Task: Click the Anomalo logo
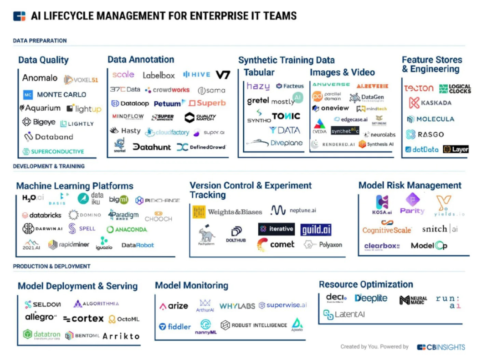coord(40,78)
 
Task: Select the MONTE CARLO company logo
coord(55,95)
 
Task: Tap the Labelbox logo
coord(159,75)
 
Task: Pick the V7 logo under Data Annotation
coord(223,75)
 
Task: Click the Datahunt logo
coord(152,147)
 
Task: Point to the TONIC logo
coord(286,116)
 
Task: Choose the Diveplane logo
coord(275,143)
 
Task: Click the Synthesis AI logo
coord(376,144)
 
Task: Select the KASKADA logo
coord(430,103)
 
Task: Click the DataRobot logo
coord(138,245)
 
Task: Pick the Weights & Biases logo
coord(227,212)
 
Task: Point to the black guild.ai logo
coord(316,229)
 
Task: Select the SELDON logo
coord(42,304)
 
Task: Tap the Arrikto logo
coord(121,336)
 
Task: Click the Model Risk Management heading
coord(410,185)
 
